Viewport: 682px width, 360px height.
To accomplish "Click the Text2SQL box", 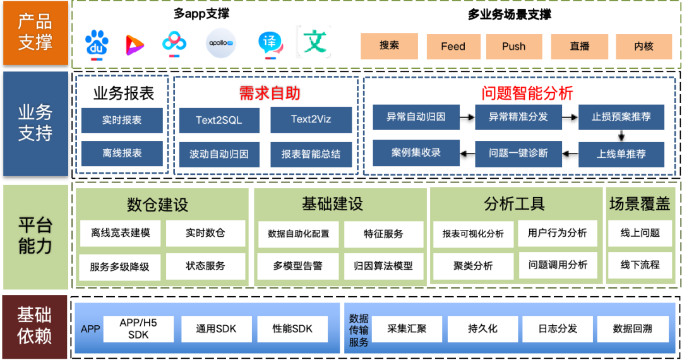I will point(218,120).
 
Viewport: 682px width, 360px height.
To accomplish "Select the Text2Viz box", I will point(311,120).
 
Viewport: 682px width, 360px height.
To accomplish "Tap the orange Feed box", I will point(453,46).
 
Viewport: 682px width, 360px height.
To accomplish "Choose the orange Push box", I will point(514,46).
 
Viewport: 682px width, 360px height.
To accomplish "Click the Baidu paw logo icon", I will point(97,44).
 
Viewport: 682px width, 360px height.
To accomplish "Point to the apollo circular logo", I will point(221,44).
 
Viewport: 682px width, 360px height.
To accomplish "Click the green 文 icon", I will point(314,42).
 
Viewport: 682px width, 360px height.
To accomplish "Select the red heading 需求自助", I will point(269,93).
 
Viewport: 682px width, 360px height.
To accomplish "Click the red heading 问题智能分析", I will point(527,93).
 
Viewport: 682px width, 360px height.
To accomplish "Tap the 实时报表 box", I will point(122,120).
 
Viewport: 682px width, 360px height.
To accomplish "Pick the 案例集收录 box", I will point(416,153).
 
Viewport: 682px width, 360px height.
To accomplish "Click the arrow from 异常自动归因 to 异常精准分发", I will point(467,117).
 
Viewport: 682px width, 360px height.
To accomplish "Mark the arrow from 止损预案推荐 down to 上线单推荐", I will point(622,135).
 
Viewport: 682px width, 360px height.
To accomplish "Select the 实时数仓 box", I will point(205,233).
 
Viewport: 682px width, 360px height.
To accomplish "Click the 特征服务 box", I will point(383,234).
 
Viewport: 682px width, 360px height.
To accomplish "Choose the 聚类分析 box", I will point(473,266).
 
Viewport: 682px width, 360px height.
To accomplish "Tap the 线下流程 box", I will point(640,265).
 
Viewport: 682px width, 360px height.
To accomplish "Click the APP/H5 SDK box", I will point(138,328).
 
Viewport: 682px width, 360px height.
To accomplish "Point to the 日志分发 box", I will point(558,328).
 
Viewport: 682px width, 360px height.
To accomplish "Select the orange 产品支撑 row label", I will point(35,32).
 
